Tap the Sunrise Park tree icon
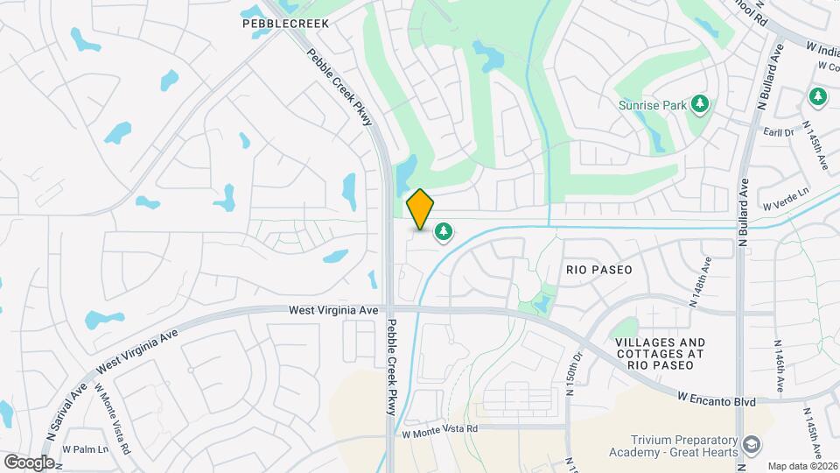click(x=699, y=105)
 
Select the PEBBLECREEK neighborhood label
click(x=285, y=24)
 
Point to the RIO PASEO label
click(x=598, y=270)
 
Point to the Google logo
click(x=29, y=462)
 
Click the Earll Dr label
click(x=777, y=132)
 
